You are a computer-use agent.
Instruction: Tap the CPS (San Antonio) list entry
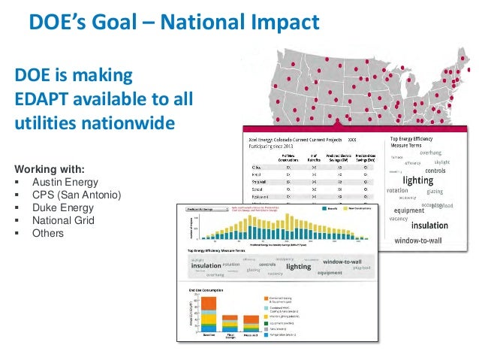pyautogui.click(x=75, y=195)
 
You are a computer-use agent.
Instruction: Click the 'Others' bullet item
pyautogui.click(x=48, y=234)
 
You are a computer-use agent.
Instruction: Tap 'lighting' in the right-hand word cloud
pyautogui.click(x=417, y=180)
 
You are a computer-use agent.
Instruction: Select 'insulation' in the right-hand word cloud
pyautogui.click(x=429, y=225)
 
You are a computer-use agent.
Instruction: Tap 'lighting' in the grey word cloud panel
pyautogui.click(x=298, y=266)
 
